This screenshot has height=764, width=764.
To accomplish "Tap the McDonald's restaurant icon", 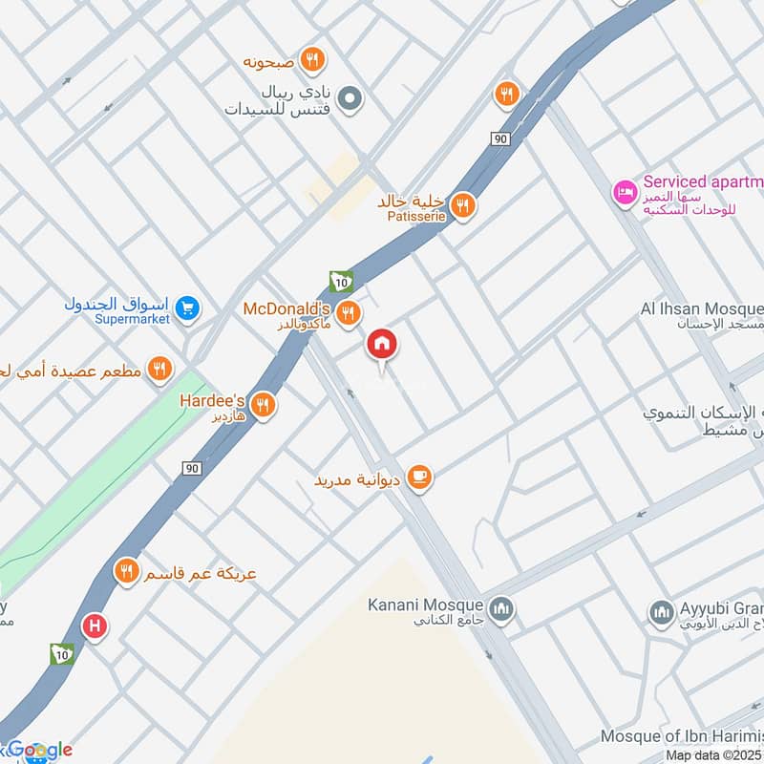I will click(x=349, y=312).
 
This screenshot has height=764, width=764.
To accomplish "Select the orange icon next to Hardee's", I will click(x=264, y=406).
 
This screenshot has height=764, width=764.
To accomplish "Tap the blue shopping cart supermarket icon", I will click(x=188, y=308).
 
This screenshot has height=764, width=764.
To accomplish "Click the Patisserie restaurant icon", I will click(x=463, y=205).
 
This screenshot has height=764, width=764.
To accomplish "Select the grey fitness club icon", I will click(x=350, y=97).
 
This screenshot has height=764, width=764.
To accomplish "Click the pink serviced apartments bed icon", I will click(x=624, y=192).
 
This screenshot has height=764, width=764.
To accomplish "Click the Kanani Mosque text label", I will click(x=427, y=605).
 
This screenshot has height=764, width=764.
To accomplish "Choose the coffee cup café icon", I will click(x=418, y=476).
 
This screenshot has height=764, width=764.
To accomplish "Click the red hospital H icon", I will click(x=95, y=626).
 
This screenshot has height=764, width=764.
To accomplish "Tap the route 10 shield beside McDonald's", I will click(x=341, y=281).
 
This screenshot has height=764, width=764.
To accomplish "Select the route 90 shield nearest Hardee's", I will click(x=191, y=468).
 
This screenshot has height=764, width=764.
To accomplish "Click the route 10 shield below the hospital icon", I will click(x=61, y=654).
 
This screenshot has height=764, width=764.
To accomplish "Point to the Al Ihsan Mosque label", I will click(x=701, y=309).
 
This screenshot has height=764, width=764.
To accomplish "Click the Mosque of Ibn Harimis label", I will click(x=682, y=736).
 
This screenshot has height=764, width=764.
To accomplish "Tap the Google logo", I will click(x=38, y=751).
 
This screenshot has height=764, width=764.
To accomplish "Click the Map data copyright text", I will click(x=713, y=755).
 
